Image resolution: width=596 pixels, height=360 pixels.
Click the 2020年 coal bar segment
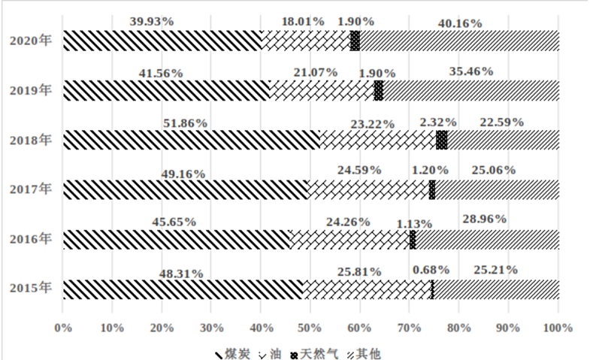[162, 41]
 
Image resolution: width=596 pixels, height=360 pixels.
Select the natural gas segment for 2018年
[441, 140]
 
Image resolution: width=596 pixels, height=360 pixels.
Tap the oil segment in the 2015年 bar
[367, 289]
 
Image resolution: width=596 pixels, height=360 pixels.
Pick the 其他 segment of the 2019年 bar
[470, 90]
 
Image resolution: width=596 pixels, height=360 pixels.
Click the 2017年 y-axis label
[31, 189]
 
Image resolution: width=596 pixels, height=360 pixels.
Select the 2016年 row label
[31, 239]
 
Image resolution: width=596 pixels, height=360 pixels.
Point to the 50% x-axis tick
[310, 328]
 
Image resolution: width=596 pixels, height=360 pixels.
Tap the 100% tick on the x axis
[558, 328]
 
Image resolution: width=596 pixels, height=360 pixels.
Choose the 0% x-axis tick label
[63, 328]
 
